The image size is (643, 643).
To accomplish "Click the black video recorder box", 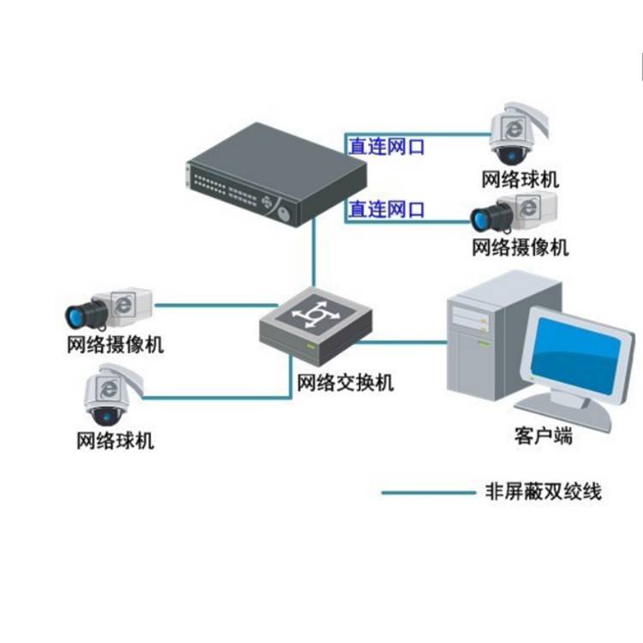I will (274, 171).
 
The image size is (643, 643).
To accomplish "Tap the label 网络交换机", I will (345, 383).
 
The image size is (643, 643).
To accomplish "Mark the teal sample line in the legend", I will (425, 493).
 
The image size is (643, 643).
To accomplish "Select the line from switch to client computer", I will (403, 342).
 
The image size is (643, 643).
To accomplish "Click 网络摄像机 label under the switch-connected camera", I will (115, 346).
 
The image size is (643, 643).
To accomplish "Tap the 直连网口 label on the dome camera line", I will (385, 147).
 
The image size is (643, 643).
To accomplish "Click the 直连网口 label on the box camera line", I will (385, 209).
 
